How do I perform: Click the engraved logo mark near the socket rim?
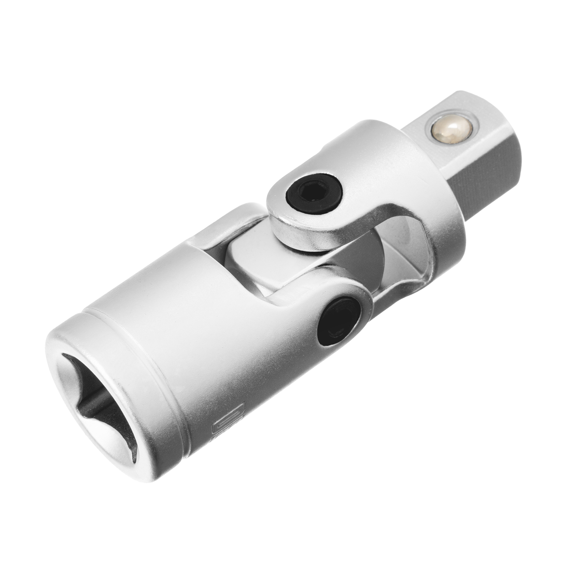(x=228, y=424)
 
